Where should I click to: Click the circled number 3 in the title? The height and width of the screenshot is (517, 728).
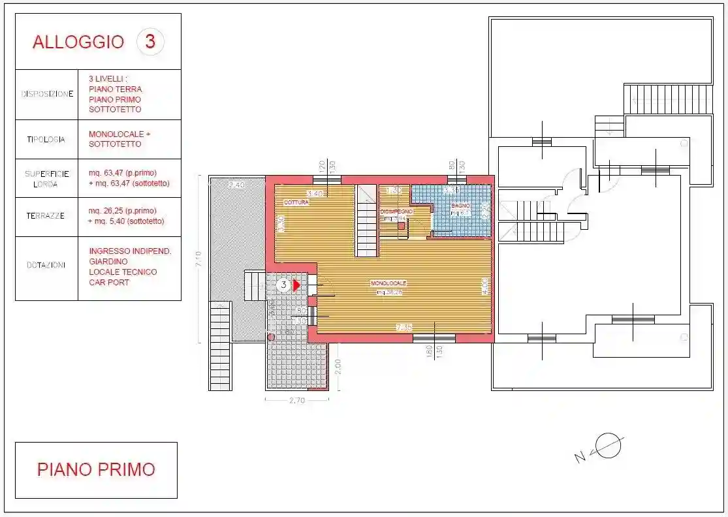[x=150, y=42]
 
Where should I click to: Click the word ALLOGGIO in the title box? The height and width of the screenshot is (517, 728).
[x=78, y=42]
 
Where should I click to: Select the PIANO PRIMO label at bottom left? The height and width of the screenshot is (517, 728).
[x=96, y=469]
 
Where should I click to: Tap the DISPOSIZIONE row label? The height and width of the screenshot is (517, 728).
[x=47, y=94]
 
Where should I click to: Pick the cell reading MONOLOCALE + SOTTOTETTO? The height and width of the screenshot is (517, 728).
[x=119, y=139]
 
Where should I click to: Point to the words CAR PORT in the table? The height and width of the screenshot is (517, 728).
[x=109, y=283]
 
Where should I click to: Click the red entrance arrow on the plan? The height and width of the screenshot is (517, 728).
[x=296, y=285]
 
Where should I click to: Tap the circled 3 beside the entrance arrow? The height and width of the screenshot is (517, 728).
[x=283, y=285]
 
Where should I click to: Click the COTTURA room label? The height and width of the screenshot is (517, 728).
[x=296, y=203]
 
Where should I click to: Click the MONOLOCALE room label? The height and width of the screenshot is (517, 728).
[x=388, y=283]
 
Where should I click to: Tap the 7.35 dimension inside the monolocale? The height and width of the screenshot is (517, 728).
[x=404, y=328]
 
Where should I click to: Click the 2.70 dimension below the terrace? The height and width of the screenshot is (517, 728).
[x=297, y=401]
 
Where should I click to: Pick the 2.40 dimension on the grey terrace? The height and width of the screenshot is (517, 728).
[x=236, y=185]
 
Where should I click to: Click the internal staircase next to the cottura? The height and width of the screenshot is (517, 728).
[x=367, y=220]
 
